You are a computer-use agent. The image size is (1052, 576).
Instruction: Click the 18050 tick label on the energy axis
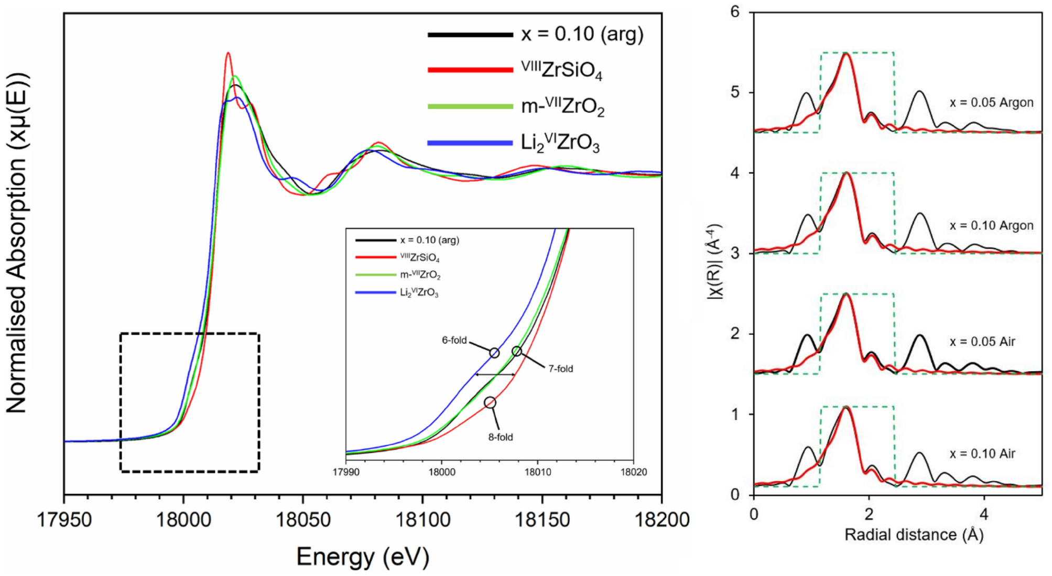tap(302, 519)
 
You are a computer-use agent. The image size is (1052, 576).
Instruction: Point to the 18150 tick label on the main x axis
tap(542, 519)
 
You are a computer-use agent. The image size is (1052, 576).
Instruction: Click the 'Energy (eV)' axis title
tap(363, 557)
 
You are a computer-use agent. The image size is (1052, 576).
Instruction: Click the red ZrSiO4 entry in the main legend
tap(561, 70)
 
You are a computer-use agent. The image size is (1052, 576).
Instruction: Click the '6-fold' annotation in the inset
tap(454, 340)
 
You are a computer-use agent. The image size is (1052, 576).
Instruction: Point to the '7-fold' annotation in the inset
tap(560, 369)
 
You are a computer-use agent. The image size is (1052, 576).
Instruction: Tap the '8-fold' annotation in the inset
tap(501, 437)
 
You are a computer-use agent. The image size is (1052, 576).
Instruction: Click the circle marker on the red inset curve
tap(490, 403)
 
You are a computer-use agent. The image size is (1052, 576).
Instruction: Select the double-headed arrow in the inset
tap(495, 374)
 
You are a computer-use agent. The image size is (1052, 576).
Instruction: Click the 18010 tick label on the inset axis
tap(538, 472)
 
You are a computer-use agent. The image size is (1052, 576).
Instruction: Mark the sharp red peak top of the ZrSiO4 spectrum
tap(227, 53)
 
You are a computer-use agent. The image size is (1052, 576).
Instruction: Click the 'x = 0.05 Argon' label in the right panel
tap(991, 103)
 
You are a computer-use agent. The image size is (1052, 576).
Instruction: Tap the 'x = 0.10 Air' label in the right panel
tap(982, 454)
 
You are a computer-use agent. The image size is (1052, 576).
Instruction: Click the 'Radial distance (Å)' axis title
tap(914, 535)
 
